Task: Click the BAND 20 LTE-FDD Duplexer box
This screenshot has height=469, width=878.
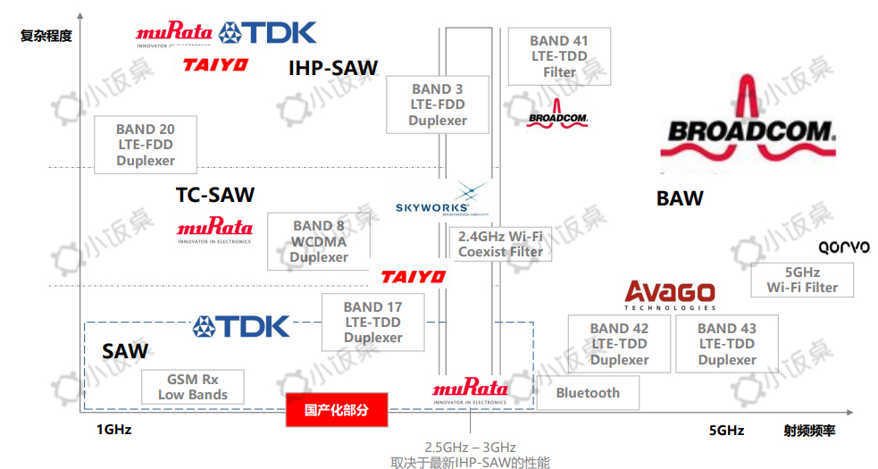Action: coord(146,145)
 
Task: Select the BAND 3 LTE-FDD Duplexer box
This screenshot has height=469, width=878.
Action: coord(438,105)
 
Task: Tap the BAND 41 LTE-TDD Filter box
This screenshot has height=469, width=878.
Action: coord(559,56)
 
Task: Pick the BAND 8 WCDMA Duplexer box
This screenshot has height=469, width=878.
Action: coord(319,241)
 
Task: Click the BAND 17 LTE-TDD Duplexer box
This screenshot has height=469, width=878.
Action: coord(372,322)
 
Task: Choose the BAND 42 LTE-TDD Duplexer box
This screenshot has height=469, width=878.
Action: coord(619,344)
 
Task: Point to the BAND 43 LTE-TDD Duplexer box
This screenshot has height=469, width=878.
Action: coord(727,344)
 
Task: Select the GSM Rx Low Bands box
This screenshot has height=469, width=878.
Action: coord(193,387)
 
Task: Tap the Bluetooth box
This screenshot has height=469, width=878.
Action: coord(588,393)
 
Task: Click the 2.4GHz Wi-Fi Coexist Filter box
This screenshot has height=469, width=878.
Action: coord(500,244)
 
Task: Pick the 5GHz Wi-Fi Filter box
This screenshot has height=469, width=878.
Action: coord(802,280)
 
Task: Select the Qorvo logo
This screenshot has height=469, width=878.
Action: coord(843,247)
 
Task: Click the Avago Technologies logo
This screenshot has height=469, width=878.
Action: coord(670,295)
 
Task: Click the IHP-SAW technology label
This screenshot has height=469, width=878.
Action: coord(333,68)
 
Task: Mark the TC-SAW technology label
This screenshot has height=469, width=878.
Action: coord(215,195)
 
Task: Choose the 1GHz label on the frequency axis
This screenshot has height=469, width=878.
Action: coord(114,430)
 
